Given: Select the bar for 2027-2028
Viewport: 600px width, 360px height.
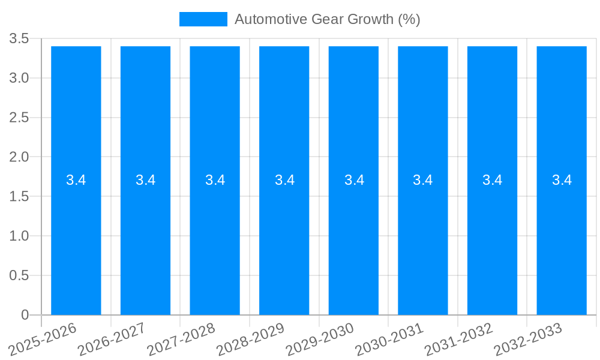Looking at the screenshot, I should [215, 240].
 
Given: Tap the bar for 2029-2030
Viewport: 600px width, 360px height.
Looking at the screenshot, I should [353, 240].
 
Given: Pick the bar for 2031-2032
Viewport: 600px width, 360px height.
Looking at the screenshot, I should [492, 240].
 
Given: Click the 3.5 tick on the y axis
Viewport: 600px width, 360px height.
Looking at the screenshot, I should [19, 39].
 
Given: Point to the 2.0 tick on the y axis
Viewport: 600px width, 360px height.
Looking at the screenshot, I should [19, 157].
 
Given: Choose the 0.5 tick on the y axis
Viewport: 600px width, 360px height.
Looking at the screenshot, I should [19, 275].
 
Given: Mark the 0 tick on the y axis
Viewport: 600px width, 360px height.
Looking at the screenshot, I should [25, 315].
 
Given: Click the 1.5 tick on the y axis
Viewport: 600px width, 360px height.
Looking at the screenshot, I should [19, 197].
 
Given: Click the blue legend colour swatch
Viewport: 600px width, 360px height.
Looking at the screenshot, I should [203, 19].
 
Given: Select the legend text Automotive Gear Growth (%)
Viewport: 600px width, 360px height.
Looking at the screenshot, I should [327, 19].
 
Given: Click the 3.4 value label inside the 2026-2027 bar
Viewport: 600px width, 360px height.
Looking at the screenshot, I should [145, 180].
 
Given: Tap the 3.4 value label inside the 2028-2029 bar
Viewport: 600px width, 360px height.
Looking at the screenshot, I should [284, 180].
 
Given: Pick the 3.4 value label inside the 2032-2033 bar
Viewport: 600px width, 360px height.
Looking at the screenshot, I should [562, 180].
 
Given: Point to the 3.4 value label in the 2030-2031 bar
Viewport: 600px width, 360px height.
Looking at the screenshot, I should [423, 180].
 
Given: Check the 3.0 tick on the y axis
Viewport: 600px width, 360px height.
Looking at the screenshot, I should [19, 79].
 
